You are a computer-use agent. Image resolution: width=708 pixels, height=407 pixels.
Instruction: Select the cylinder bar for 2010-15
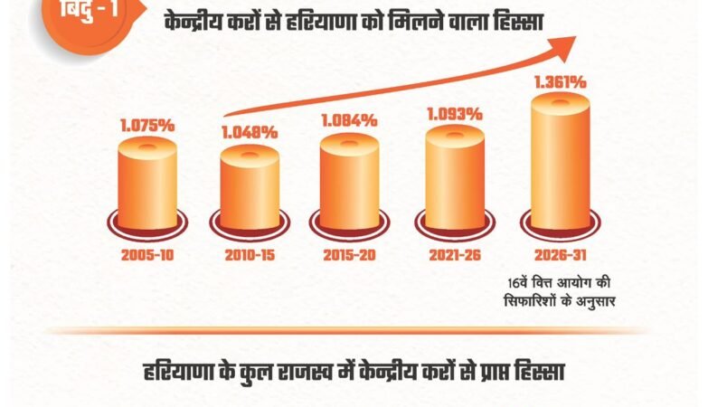pyautogui.click(x=250, y=192)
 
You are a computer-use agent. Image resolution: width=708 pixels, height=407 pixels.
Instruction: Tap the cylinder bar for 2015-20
pyautogui.click(x=349, y=185)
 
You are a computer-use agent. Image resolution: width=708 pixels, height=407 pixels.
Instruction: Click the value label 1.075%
pyautogui.click(x=147, y=126)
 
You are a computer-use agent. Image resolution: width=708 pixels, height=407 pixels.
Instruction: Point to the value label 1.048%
pyautogui.click(x=250, y=132)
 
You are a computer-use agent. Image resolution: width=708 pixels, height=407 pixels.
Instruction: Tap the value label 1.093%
pyautogui.click(x=454, y=114)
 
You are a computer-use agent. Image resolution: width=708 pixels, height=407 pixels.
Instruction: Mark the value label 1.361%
pyautogui.click(x=560, y=82)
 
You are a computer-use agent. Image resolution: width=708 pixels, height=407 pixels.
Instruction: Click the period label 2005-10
pyautogui.click(x=147, y=255)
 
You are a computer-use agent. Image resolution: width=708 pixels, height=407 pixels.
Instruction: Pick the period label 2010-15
pyautogui.click(x=250, y=255)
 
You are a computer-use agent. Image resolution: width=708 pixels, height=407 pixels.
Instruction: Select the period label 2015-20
pyautogui.click(x=349, y=255)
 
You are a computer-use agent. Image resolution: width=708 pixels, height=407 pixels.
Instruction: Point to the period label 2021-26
pyautogui.click(x=454, y=255)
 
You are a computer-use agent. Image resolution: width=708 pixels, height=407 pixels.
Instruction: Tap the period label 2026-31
pyautogui.click(x=560, y=255)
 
